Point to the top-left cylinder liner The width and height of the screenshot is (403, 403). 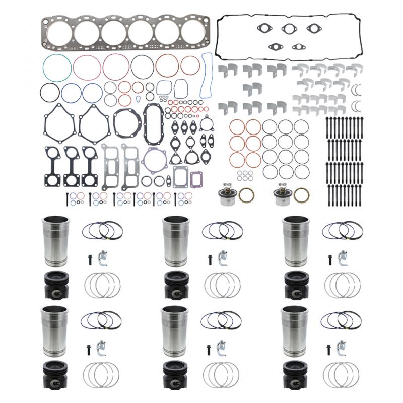53,241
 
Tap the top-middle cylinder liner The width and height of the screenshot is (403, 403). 173,241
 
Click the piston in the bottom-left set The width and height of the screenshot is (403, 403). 53,373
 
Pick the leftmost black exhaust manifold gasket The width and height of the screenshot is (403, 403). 53,165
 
